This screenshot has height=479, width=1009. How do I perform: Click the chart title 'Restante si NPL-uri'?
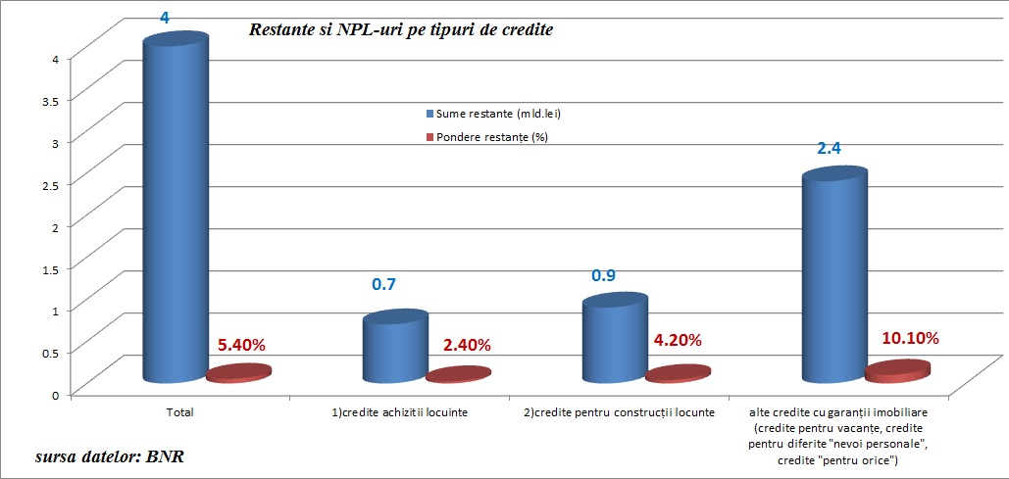[400, 30]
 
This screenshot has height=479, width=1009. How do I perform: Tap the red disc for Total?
[239, 373]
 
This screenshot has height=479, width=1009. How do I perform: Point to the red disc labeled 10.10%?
[898, 370]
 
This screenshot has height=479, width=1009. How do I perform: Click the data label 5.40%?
[241, 345]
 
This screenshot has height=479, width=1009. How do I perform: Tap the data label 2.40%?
[466, 345]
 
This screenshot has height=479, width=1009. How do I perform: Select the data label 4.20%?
[677, 341]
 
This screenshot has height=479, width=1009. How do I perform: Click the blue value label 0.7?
[382, 285]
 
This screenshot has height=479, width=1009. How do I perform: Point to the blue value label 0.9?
[603, 275]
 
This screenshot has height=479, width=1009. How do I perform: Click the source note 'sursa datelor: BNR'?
[110, 456]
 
